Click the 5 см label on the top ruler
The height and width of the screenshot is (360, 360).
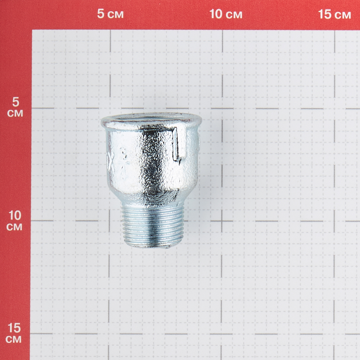click(x=110, y=14)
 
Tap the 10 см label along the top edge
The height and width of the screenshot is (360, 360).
click(x=226, y=14)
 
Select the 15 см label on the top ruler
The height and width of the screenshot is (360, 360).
click(x=334, y=14)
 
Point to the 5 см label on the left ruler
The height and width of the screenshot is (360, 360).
click(x=15, y=107)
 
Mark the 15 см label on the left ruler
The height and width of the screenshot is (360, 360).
click(x=14, y=333)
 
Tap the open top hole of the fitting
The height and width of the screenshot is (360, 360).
click(x=152, y=119)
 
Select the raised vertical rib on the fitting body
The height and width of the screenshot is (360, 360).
click(x=176, y=144)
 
